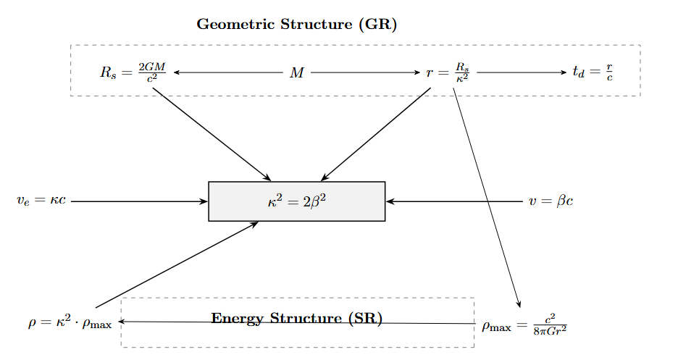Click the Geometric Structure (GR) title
297,24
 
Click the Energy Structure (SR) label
296,318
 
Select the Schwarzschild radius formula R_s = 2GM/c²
133,72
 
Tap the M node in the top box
297,72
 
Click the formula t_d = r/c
593,72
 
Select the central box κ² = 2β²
297,201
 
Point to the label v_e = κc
41,200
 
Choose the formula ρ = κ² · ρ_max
70,323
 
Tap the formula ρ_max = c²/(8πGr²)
524,325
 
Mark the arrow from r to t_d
522,72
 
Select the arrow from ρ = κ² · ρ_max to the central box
177,264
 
